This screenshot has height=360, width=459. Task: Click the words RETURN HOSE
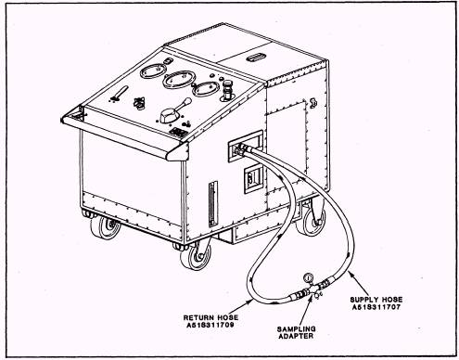pos(210,317)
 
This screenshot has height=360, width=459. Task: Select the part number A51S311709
pos(210,325)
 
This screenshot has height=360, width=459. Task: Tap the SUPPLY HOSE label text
pos(376,300)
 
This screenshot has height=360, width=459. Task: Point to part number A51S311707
pos(376,307)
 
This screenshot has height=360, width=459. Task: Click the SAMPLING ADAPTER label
pos(296,332)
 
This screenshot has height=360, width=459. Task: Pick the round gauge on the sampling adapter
pos(308,277)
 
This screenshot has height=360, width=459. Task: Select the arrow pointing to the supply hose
pos(359,283)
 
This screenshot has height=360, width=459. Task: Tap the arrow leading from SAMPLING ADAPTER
pos(305,310)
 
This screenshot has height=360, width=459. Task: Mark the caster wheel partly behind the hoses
pos(312,220)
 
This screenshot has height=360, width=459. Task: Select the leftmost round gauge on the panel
pos(153,71)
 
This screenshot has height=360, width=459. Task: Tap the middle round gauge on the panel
pos(178,79)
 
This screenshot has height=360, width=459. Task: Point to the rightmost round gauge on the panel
pos(205,89)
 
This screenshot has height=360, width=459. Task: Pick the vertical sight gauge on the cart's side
pos(212,204)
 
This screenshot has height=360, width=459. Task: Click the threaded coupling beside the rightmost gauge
pos(226,90)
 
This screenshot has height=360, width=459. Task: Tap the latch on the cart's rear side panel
pos(313,103)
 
